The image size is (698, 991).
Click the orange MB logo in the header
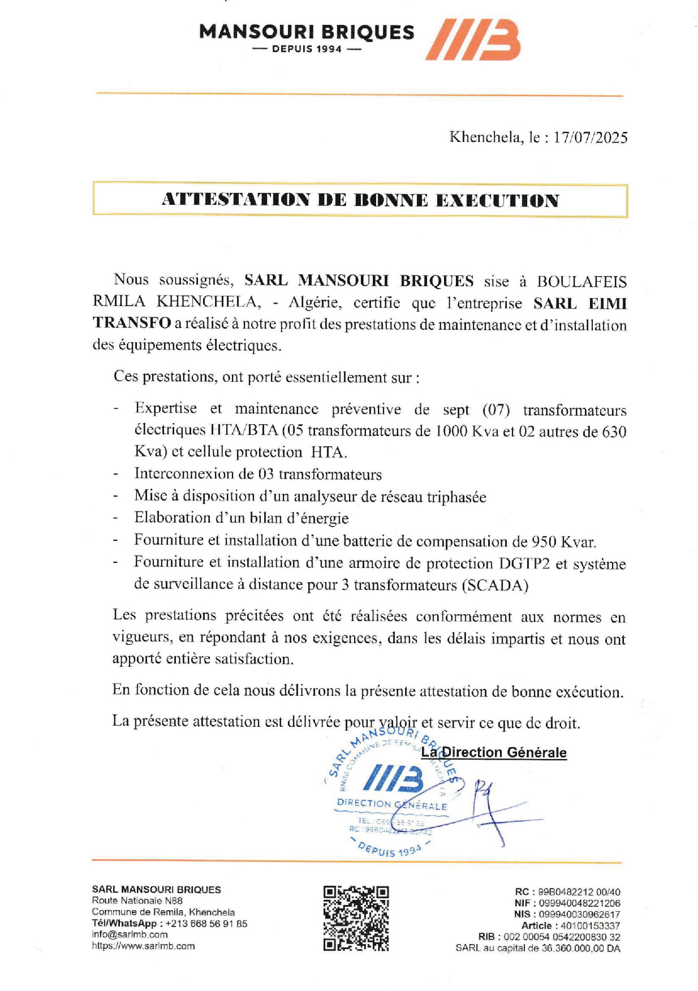click(x=473, y=39)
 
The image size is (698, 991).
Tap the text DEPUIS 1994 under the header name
click(x=307, y=49)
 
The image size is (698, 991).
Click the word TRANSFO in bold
click(x=132, y=324)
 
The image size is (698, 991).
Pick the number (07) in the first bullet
click(x=497, y=410)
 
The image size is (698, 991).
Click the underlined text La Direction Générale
click(x=494, y=752)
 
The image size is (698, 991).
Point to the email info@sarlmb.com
click(x=130, y=934)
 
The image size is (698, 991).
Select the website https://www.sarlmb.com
click(x=143, y=946)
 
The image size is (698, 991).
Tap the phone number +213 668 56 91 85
click(x=206, y=923)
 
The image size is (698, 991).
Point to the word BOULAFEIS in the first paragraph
click(x=581, y=282)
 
